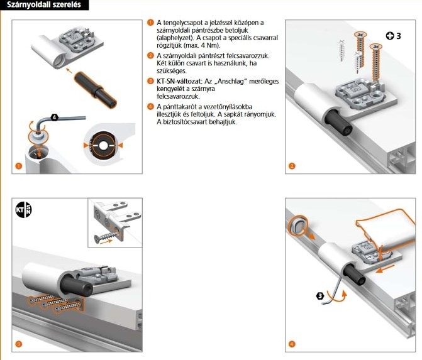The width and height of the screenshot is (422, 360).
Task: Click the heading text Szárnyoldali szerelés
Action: pyautogui.click(x=43, y=6)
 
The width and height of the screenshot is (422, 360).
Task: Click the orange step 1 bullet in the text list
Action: pyautogui.click(x=150, y=23)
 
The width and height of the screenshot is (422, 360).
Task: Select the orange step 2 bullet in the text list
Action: pyautogui.click(x=150, y=56)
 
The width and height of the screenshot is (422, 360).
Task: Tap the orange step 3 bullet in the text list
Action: pyautogui.click(x=150, y=82)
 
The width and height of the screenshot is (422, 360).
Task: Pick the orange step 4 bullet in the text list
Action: pyautogui.click(x=150, y=107)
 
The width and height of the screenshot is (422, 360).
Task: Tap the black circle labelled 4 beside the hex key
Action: pyautogui.click(x=54, y=116)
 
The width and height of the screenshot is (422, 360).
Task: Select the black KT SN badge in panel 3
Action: pyautogui.click(x=23, y=210)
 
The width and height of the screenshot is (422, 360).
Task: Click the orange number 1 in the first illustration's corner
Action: pyautogui.click(x=19, y=166)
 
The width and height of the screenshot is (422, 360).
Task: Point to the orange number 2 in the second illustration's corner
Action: pyautogui.click(x=292, y=166)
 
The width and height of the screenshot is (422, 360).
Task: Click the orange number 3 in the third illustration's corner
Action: pyautogui.click(x=19, y=344)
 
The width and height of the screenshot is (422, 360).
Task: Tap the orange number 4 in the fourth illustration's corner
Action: pyautogui.click(x=292, y=344)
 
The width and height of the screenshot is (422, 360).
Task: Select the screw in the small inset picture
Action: pyautogui.click(x=105, y=237)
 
